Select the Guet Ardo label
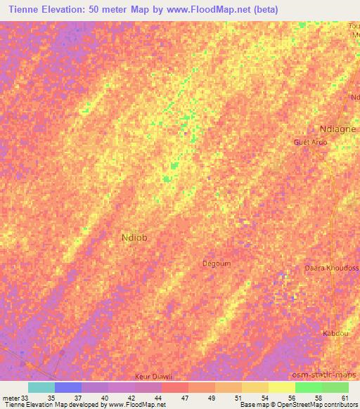(310, 142)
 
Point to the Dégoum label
(217, 264)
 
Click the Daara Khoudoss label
(331, 268)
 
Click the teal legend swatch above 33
(41, 387)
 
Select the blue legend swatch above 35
(68, 387)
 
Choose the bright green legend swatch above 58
(309, 387)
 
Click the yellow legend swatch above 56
(282, 387)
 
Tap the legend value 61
(344, 397)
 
